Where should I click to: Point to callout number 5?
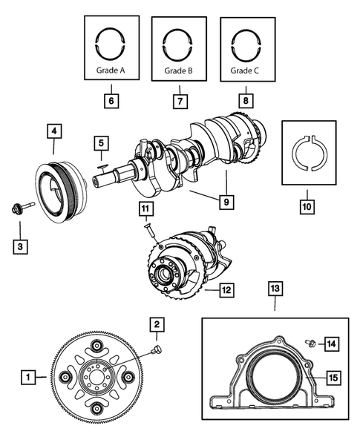click(x=101, y=142)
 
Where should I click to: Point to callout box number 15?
click(x=333, y=378)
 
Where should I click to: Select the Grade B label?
click(x=179, y=72)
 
